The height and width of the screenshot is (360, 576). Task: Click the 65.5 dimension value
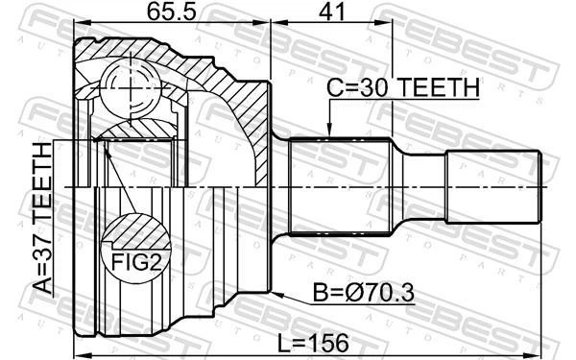pos(172,12)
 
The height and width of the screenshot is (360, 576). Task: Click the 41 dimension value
pos(332,12)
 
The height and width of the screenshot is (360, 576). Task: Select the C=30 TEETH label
pos(403,87)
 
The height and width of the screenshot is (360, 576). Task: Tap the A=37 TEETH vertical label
pos(42,218)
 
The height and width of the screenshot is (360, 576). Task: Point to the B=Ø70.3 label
pos(363,293)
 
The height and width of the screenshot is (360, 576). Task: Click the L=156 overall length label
pos(313,344)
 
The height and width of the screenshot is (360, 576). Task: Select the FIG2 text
pos(136,263)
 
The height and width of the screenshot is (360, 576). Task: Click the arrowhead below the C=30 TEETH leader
pos(329,130)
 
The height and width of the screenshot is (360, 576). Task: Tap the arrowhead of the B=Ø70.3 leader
pos(277,295)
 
